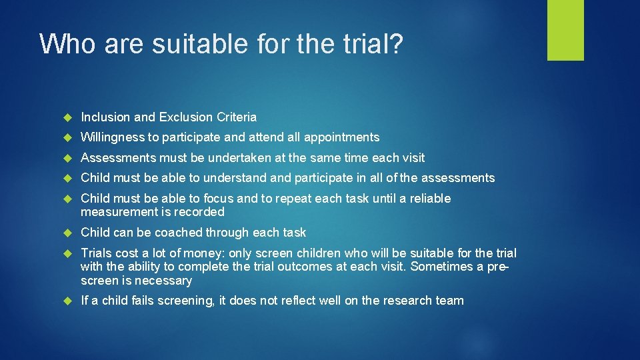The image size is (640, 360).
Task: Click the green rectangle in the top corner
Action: [x=565, y=30]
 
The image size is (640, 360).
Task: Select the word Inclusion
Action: [x=105, y=117]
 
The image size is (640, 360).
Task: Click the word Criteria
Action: [x=236, y=117]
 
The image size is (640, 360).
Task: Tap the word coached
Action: [x=180, y=233]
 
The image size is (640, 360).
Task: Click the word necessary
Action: [x=164, y=281]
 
